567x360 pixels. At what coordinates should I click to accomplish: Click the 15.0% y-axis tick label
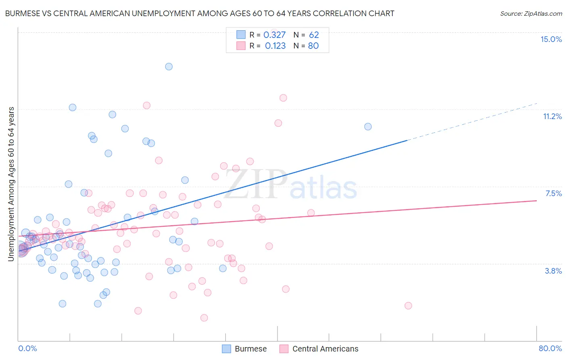click(551, 39)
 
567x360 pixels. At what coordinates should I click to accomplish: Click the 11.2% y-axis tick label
click(552, 116)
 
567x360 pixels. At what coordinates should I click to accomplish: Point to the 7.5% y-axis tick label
click(553, 193)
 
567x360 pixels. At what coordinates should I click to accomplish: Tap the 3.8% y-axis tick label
click(553, 271)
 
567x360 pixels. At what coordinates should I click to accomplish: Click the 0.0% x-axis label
click(27, 348)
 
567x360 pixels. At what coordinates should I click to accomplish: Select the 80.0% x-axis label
click(550, 348)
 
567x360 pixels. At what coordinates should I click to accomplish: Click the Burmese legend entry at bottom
click(244, 349)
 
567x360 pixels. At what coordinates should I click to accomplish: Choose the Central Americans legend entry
click(319, 349)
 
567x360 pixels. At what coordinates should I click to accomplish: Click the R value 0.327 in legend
click(274, 35)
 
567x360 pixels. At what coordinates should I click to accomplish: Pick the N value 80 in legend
click(313, 46)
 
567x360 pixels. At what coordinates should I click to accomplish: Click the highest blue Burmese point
click(169, 67)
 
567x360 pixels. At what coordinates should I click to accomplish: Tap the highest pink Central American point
click(283, 98)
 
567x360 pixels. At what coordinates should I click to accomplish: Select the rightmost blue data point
click(368, 127)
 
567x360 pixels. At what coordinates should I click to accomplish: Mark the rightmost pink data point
click(408, 306)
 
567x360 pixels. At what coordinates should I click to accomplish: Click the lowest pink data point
click(204, 318)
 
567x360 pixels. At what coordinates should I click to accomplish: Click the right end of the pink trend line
click(536, 201)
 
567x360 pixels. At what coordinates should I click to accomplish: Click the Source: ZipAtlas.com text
click(531, 13)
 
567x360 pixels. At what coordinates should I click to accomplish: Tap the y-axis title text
click(11, 184)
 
